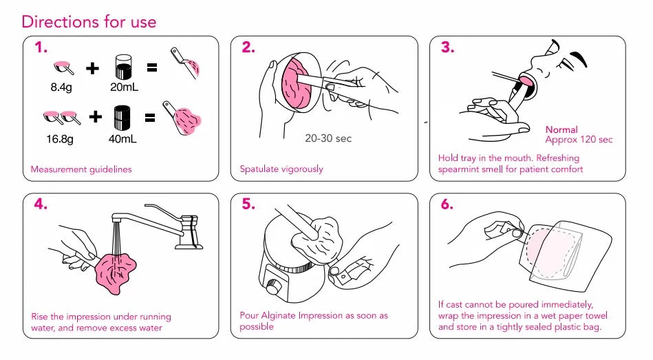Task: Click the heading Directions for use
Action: pos(89,21)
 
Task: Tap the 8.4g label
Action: pos(61,87)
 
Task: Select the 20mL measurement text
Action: pos(124,87)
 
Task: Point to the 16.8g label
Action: pos(60,139)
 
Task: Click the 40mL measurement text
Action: pos(122,139)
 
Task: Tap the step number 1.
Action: pos(41,47)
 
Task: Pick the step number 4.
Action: pos(41,204)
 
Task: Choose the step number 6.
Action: pos(447,204)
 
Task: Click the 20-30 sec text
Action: pos(328,138)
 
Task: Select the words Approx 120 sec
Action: pos(579,140)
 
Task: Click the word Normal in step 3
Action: pos(561,129)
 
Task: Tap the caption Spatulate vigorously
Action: pos(281,169)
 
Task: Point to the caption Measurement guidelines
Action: pos(81,169)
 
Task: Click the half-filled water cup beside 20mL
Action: pos(123,67)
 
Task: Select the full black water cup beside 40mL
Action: pos(122,118)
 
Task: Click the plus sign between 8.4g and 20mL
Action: pos(92,68)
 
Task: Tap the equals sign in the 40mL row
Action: pos(150,118)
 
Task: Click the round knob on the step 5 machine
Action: pos(273,288)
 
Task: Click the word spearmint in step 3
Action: pos(458,169)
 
